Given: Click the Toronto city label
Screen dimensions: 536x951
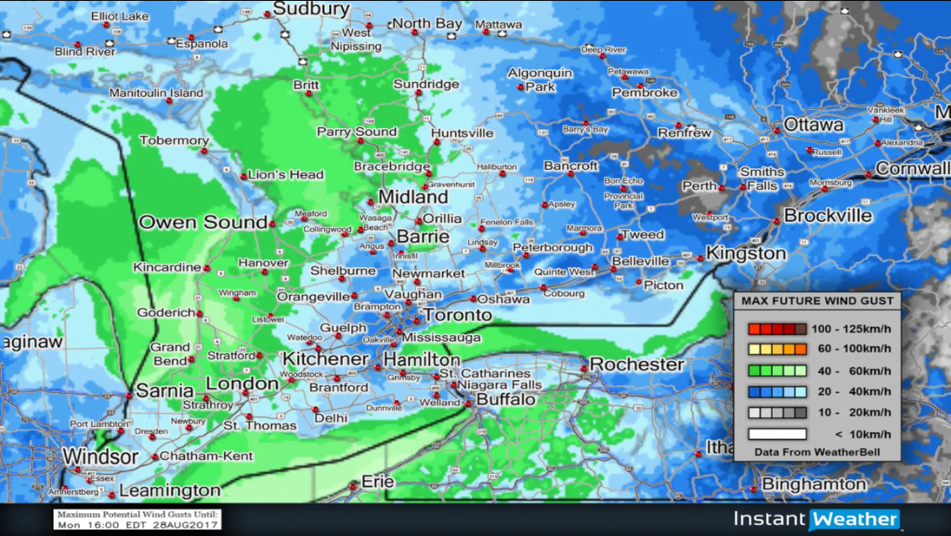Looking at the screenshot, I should [x=458, y=316].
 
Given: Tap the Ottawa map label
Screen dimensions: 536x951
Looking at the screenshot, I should [x=813, y=125].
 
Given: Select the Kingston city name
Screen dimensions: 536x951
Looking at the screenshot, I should [x=746, y=253].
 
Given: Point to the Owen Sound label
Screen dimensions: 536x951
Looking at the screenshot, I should [x=203, y=223].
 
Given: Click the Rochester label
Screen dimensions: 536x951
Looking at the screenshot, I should [x=637, y=364].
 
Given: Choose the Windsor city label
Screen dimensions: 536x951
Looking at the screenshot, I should [x=100, y=457].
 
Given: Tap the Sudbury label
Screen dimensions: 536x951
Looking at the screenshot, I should [x=311, y=9].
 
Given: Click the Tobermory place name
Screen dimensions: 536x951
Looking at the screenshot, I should [x=174, y=141].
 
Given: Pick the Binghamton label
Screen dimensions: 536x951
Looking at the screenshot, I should [x=814, y=484].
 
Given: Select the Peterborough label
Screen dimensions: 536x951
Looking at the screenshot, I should [x=553, y=248].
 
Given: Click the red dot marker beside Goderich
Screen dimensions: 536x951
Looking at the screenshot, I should [x=201, y=313].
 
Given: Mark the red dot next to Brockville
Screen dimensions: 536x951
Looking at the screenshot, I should [x=778, y=219].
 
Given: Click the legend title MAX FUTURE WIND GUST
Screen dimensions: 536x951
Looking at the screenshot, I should [x=817, y=301].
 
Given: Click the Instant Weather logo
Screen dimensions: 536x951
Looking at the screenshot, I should [x=816, y=519].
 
